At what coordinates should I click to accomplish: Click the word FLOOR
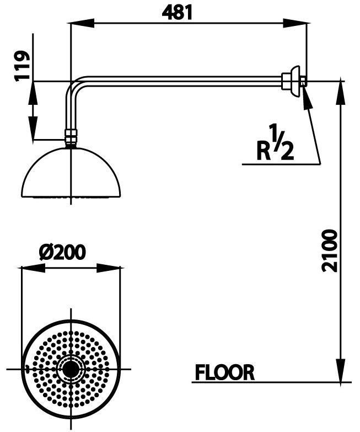[x=224, y=372]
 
